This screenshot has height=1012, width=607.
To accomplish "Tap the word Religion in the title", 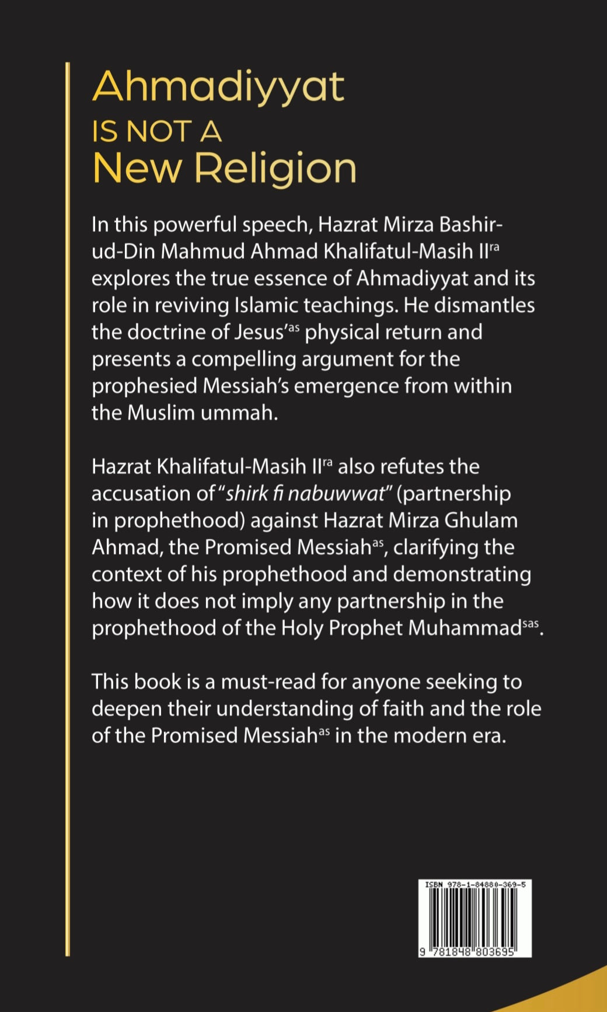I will coord(275,169).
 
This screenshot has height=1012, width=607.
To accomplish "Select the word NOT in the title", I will coord(159,131).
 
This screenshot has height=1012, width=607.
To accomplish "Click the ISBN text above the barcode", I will coord(475,885).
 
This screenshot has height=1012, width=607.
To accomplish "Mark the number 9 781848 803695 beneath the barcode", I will coord(467,952).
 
